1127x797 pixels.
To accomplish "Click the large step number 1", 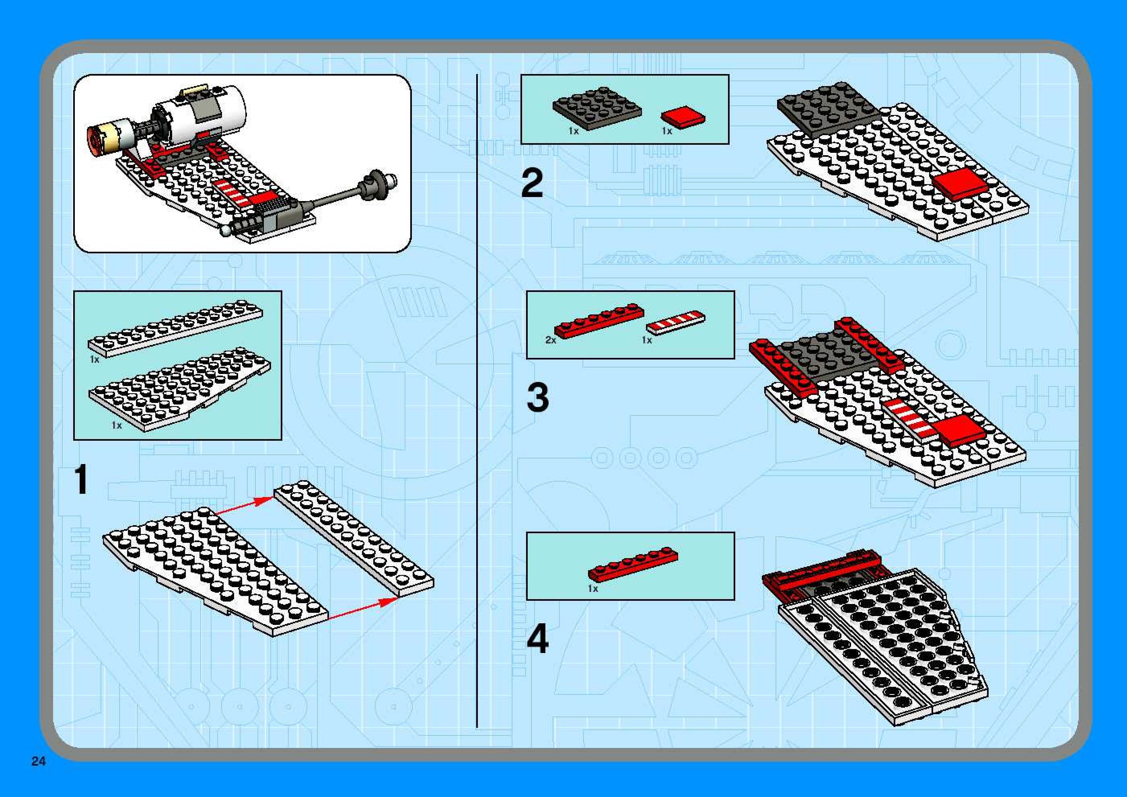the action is click(x=81, y=479).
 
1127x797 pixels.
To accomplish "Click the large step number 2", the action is click(x=533, y=183).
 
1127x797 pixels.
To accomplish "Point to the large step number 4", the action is click(x=537, y=639).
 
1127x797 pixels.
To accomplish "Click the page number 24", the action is click(x=38, y=761).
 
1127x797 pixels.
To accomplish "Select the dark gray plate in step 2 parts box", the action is click(x=597, y=108).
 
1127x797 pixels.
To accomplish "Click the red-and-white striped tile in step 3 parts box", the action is click(x=675, y=322).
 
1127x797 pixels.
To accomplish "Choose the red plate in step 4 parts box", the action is click(x=633, y=565).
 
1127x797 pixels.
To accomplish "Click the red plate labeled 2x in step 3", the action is click(x=599, y=321).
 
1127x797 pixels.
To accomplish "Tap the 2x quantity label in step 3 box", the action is click(x=550, y=340).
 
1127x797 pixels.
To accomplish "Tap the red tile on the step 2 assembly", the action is click(x=960, y=183).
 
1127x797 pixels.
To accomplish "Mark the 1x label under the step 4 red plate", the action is click(x=593, y=588).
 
